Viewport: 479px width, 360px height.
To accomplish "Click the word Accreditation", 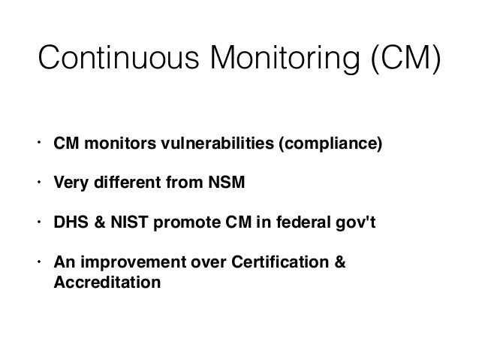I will coord(107,284).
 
